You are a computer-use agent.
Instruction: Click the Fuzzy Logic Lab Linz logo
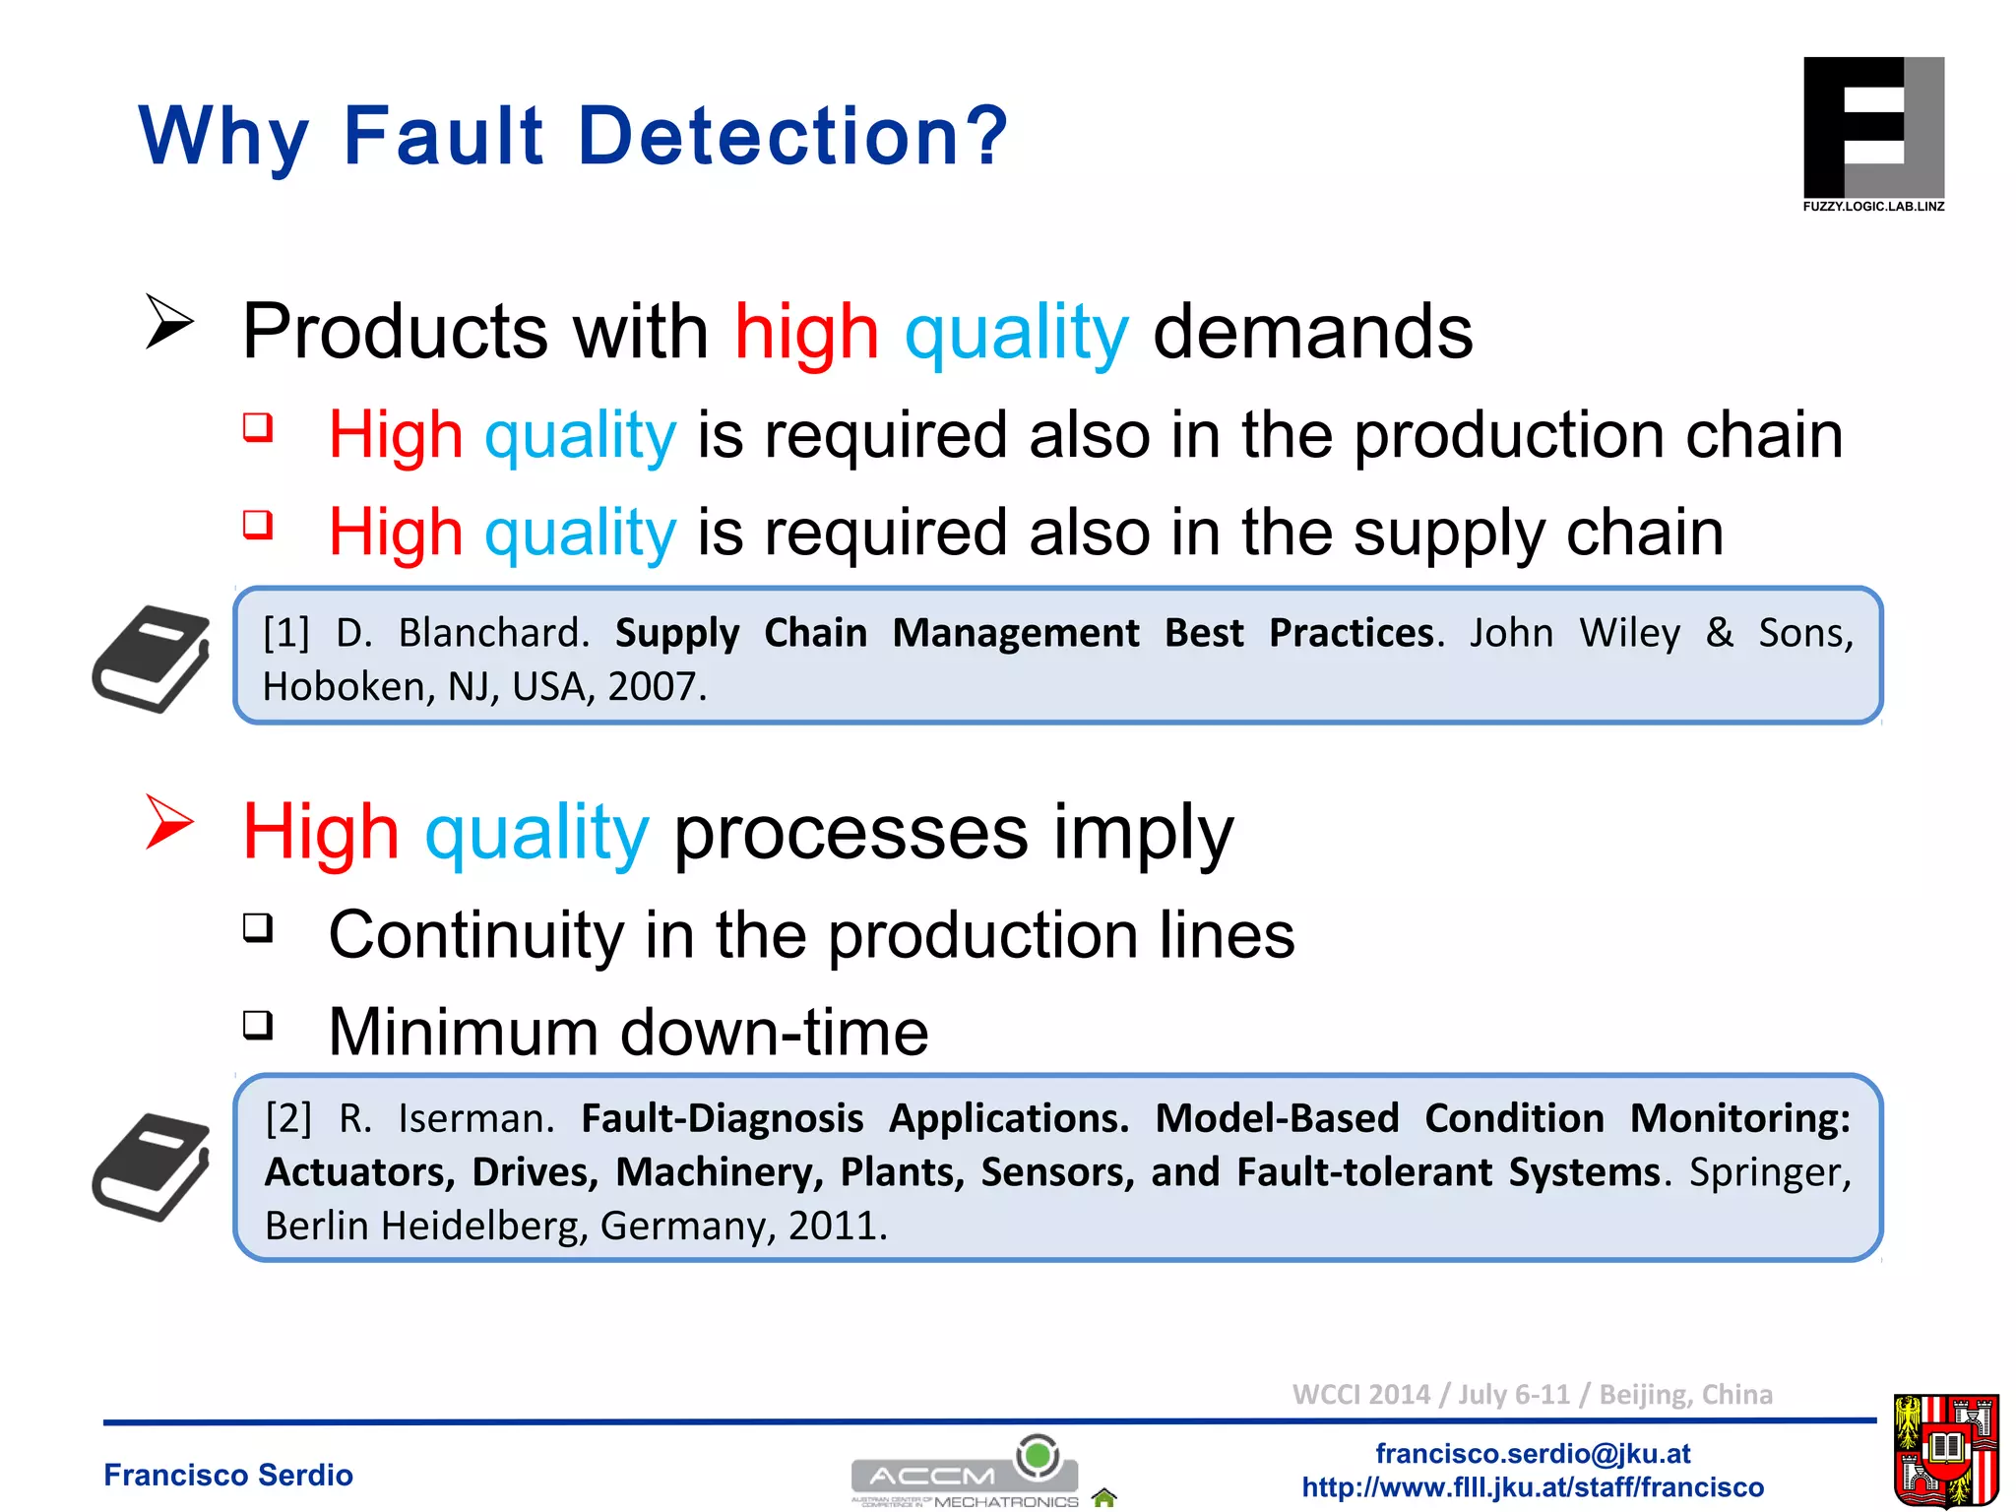[1872, 133]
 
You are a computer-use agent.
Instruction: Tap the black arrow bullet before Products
[169, 321]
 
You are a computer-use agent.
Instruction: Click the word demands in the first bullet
[1312, 332]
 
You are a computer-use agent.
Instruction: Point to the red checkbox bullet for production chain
[258, 427]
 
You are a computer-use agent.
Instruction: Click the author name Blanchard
[492, 633]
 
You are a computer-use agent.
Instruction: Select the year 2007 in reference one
[655, 686]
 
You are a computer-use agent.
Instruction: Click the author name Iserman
[475, 1118]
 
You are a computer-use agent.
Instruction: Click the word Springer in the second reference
[1768, 1172]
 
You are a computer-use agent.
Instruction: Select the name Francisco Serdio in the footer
[228, 1475]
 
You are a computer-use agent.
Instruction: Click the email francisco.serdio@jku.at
[1533, 1453]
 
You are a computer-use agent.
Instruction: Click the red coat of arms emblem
[1945, 1450]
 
